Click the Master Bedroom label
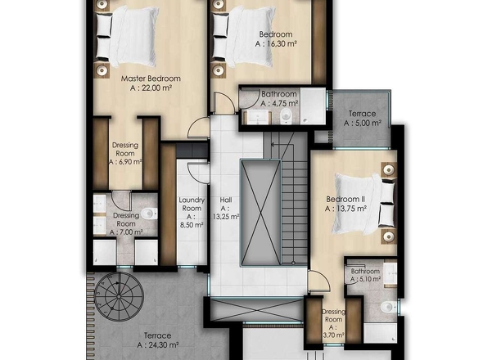coord(151,79)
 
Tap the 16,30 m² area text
coord(276,43)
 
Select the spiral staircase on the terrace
coord(119,296)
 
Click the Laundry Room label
coord(192,205)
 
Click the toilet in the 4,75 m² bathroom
coord(287,115)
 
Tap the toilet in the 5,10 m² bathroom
coord(387,307)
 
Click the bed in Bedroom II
coord(364,203)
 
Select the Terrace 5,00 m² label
coord(362,119)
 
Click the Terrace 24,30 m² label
coord(157,340)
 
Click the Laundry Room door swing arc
coord(194,173)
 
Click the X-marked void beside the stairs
coord(261,213)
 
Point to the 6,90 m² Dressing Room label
coord(125,153)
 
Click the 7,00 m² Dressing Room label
coord(126,224)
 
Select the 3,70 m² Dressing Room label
coord(333,323)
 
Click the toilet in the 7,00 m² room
coord(149,214)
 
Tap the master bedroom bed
coord(126,36)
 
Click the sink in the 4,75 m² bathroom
coord(258,116)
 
